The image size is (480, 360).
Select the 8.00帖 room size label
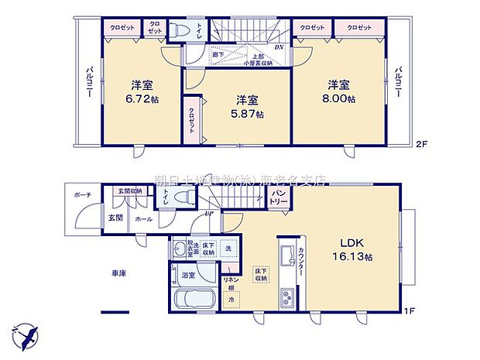click(x=340, y=98)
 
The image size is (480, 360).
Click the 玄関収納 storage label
click(x=130, y=190)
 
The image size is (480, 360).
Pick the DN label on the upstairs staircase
click(x=279, y=47)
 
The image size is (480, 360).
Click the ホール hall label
click(x=144, y=219)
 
